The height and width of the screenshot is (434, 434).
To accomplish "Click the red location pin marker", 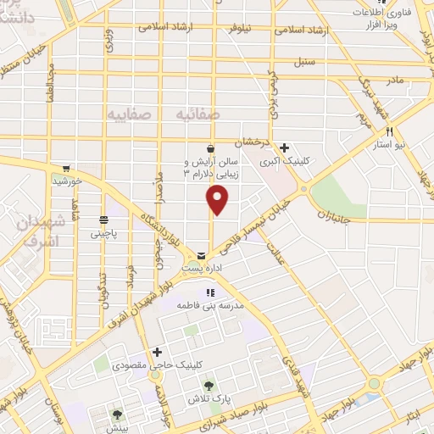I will pyautogui.click(x=218, y=199).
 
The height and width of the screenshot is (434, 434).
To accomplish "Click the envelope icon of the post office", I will pyautogui.click(x=201, y=254).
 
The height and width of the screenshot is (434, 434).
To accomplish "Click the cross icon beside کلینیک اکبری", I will pyautogui.click(x=285, y=147).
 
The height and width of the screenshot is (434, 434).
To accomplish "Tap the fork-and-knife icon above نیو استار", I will pyautogui.click(x=390, y=131).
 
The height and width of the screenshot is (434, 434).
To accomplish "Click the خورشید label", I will pyautogui.click(x=66, y=181).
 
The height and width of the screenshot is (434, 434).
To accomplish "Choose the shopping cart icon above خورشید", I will pyautogui.click(x=66, y=168).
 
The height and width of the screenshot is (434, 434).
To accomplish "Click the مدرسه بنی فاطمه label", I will pyautogui.click(x=210, y=304).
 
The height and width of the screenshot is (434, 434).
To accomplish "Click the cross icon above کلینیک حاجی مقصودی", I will pyautogui.click(x=156, y=351).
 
